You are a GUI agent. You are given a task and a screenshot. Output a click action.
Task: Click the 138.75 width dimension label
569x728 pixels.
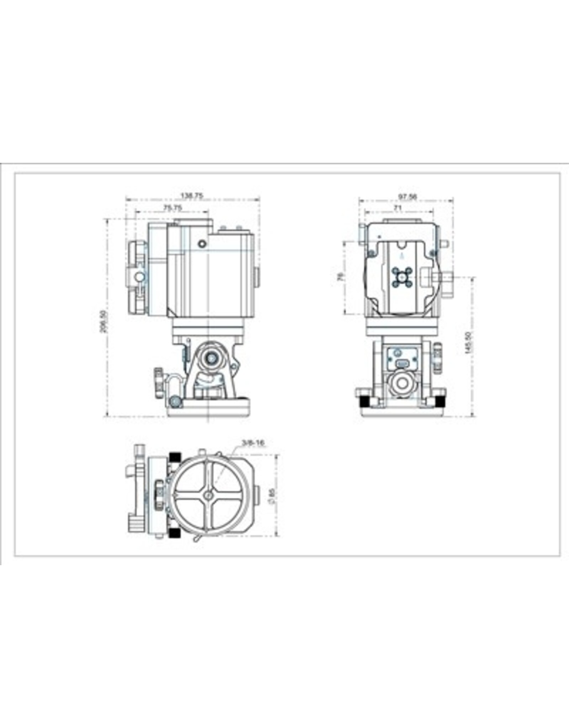(x=192, y=196)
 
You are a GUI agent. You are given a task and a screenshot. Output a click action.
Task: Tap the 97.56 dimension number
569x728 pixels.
(x=408, y=196)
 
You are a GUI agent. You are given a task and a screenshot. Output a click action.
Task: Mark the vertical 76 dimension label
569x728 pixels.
(x=340, y=277)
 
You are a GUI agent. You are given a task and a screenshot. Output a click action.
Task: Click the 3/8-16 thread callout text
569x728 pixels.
(x=253, y=443)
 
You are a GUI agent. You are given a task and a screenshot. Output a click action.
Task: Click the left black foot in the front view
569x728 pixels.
(x=364, y=400)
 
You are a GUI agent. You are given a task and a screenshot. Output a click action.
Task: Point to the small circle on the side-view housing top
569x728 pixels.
(x=202, y=244)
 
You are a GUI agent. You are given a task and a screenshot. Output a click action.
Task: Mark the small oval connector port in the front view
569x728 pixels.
(x=402, y=363)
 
